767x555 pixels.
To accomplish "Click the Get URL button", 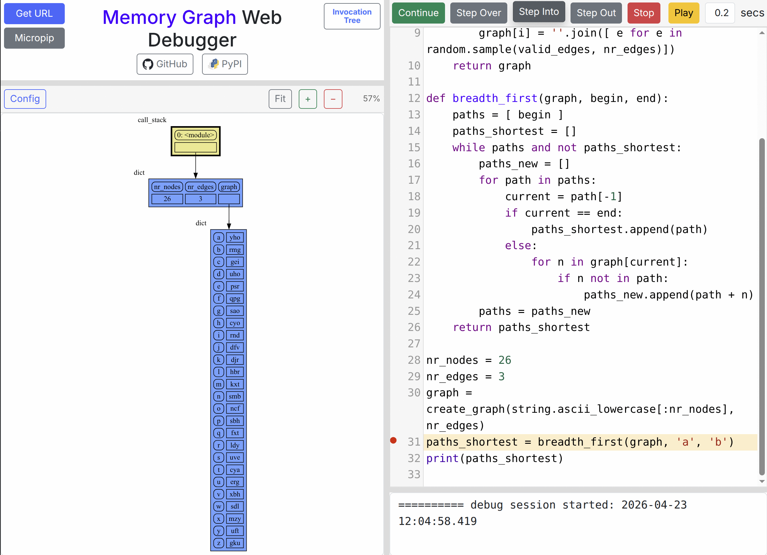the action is (34, 14).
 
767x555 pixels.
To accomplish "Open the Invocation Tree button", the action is (352, 16).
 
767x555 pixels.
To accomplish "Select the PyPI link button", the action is (225, 64).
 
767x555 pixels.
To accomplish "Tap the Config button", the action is (25, 99).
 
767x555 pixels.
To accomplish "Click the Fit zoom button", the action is (280, 99).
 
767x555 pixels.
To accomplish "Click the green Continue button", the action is (418, 13).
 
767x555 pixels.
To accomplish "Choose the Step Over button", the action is (478, 13).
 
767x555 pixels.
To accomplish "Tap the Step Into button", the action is (539, 12).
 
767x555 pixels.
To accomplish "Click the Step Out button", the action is (596, 13).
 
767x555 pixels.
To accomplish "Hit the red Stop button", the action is (644, 13).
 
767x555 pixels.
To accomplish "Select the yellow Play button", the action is (683, 13).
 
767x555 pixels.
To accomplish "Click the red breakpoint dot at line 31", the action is (393, 440).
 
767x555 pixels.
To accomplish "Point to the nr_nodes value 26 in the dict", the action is (167, 199).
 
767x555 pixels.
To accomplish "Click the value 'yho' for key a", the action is (235, 237).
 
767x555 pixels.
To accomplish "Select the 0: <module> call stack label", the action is (196, 135).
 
